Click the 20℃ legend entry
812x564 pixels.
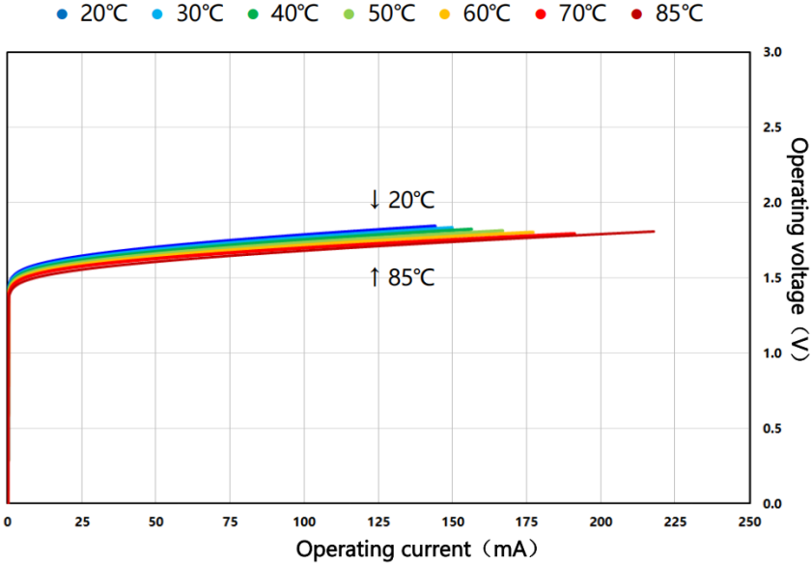pyautogui.click(x=93, y=14)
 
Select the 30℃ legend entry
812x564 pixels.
pyautogui.click(x=188, y=14)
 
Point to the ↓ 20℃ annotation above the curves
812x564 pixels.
pyautogui.click(x=401, y=200)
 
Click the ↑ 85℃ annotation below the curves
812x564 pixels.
pyautogui.click(x=401, y=279)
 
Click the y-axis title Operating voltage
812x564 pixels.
pyautogui.click(x=798, y=249)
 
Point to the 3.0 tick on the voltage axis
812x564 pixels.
pyautogui.click(x=772, y=51)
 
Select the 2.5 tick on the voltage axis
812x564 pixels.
pyautogui.click(x=772, y=127)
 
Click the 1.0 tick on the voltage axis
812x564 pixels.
pyautogui.click(x=772, y=353)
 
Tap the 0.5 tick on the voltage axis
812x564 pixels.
pyautogui.click(x=772, y=429)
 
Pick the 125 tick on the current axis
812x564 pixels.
pyautogui.click(x=378, y=522)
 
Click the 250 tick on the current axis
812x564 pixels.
pyautogui.click(x=749, y=522)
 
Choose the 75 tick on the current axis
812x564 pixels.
pyautogui.click(x=230, y=522)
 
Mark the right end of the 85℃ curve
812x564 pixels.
pyautogui.click(x=654, y=232)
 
